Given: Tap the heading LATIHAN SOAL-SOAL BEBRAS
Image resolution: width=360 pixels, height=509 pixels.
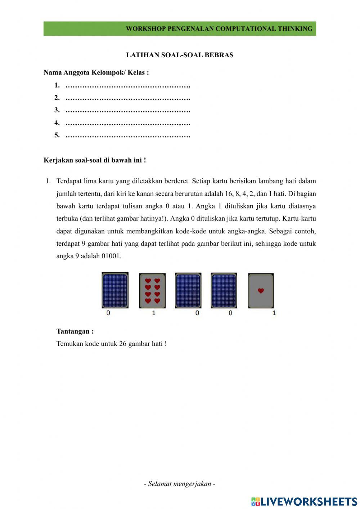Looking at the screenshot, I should (180, 55).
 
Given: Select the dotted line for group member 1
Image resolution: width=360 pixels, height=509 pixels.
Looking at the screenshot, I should (127, 86).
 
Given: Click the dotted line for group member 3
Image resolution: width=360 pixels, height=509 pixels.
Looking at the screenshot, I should (127, 111).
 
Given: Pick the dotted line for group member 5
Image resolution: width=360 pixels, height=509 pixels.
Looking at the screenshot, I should (127, 136).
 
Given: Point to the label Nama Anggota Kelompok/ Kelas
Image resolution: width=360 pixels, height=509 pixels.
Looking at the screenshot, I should (96, 72).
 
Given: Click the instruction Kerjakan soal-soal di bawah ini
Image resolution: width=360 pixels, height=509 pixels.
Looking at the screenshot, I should (95, 160).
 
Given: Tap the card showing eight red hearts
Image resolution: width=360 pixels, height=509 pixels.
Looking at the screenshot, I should (152, 291).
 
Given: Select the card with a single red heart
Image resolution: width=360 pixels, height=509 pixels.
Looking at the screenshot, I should (261, 291).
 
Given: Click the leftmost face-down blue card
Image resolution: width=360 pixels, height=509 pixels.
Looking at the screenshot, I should (115, 290).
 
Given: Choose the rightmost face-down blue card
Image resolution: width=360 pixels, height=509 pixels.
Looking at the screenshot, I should (224, 290).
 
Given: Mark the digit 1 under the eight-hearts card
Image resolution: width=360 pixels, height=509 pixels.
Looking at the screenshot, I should (154, 313).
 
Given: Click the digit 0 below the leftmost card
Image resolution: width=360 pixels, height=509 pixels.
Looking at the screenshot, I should (108, 313).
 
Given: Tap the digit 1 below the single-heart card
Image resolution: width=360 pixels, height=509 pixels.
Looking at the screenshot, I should (274, 313).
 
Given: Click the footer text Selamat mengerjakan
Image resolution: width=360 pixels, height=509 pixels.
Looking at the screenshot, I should (180, 484).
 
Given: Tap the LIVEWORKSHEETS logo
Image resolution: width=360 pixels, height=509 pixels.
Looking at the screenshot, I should (304, 501).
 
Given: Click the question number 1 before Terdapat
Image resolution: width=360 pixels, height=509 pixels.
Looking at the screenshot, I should (48, 181).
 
